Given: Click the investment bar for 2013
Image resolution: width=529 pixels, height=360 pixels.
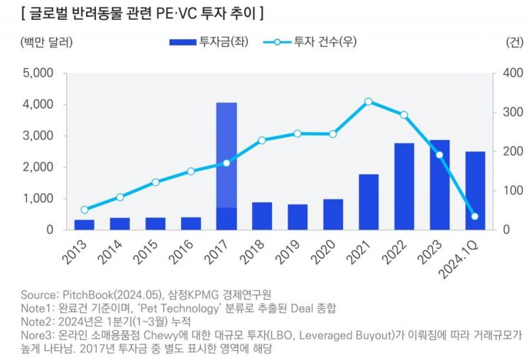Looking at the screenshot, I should coord(84,224).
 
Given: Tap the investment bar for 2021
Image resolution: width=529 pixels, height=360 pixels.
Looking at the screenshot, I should coord(369,202).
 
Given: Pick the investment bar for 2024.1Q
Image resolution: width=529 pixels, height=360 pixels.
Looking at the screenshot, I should coord(474,190).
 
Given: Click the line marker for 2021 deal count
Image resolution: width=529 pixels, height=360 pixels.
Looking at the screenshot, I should coord(369,102).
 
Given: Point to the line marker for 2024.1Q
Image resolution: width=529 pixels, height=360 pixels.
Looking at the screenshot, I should coord(475,217).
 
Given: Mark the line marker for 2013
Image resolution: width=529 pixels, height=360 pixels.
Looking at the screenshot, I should coord(84,210).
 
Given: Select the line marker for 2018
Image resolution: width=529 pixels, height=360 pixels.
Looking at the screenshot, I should coord(262,141).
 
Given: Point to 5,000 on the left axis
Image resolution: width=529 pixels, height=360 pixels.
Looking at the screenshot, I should coord(38,73).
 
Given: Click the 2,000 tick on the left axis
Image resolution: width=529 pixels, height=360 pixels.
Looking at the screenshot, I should coord(38,168).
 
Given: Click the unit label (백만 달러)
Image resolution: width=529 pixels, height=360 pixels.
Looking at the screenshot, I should coord(47,42).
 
